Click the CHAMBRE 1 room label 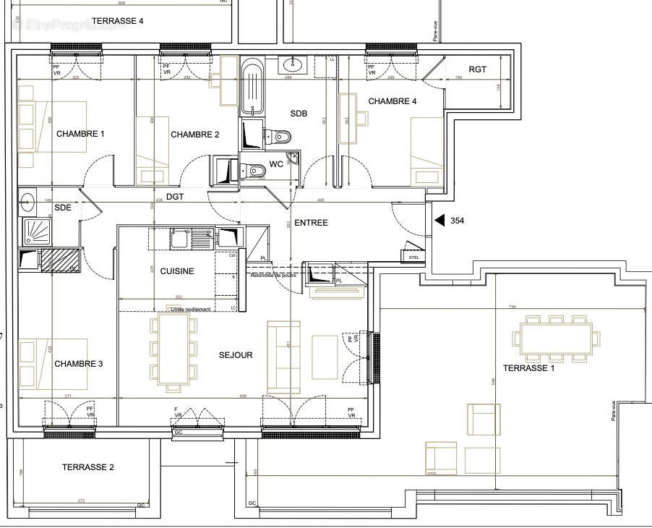pos(80,134)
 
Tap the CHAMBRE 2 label pos(194,135)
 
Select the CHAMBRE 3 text pos(78,364)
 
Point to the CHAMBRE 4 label pos(393,101)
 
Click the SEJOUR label pos(236,355)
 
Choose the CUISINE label pos(177,271)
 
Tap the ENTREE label pos(311,223)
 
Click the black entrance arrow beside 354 pos(437,221)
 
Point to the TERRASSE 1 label pos(529,368)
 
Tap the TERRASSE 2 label pos(87,467)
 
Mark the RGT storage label pos(478,69)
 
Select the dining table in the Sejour pos(173,349)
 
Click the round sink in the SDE pos(28,200)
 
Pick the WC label pos(276,164)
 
